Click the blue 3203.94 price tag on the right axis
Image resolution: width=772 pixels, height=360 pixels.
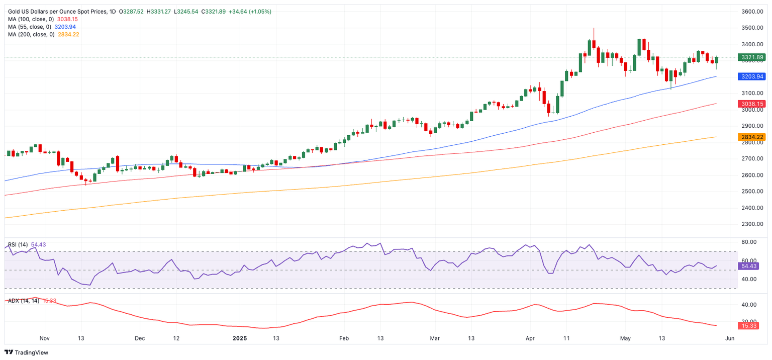point(751,76)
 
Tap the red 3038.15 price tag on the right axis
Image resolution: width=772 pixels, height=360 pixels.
point(751,104)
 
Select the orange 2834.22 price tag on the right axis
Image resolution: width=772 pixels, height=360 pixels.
point(751,137)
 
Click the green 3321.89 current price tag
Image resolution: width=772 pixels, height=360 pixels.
point(751,57)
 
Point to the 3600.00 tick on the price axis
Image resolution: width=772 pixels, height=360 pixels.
point(753,12)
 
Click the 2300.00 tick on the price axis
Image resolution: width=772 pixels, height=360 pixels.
point(753,224)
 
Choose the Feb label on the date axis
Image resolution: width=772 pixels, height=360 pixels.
point(344,338)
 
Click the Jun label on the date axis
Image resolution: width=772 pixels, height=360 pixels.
point(730,338)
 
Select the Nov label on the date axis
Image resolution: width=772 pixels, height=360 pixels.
point(45,338)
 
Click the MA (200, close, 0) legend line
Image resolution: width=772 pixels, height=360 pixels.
point(31,34)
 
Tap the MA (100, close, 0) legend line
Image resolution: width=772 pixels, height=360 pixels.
point(31,19)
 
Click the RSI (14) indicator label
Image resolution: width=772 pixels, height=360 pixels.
point(18,244)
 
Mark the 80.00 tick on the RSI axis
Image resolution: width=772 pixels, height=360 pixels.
point(749,242)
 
